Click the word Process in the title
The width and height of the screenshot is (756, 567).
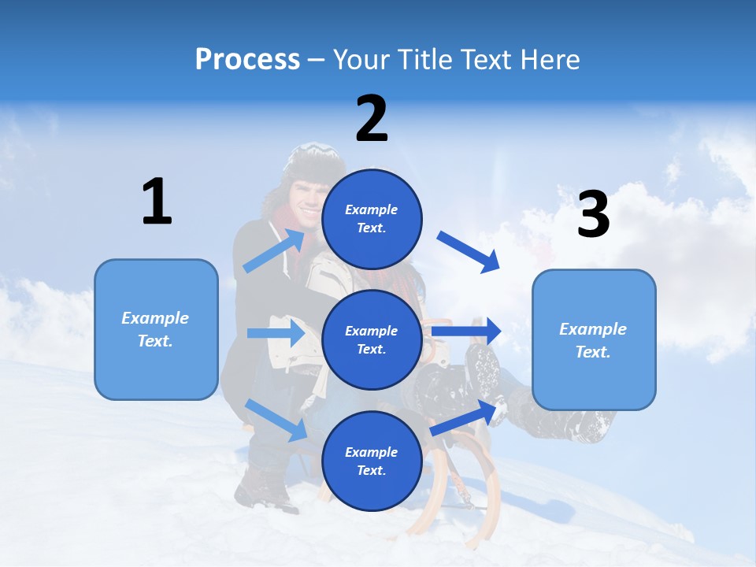pos(247,60)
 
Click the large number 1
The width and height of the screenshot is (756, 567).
pos(157,202)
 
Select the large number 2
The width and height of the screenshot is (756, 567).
pos(372,119)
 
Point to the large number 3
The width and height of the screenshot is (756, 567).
pos(593,213)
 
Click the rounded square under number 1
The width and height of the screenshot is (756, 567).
pos(156,329)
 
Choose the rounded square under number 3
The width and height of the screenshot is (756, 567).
pos(594,339)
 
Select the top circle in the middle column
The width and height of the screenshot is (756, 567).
pos(372,219)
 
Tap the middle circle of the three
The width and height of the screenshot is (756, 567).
pos(372,339)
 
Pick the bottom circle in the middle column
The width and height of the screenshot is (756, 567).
pos(372,461)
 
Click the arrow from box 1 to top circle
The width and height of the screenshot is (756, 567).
pos(274,250)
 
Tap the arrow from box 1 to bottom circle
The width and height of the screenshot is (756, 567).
pos(276,420)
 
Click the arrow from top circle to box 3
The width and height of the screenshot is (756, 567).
pos(469,251)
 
